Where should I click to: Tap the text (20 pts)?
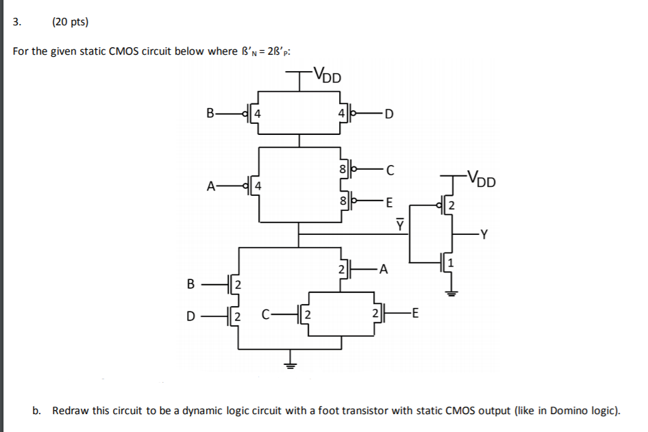tap(70, 22)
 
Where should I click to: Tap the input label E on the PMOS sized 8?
tap(389, 202)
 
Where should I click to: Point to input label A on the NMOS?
tap(384, 270)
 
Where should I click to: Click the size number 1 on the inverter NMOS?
tap(450, 263)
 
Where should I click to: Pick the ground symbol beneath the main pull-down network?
tap(291, 364)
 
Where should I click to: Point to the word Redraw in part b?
tap(69, 411)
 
